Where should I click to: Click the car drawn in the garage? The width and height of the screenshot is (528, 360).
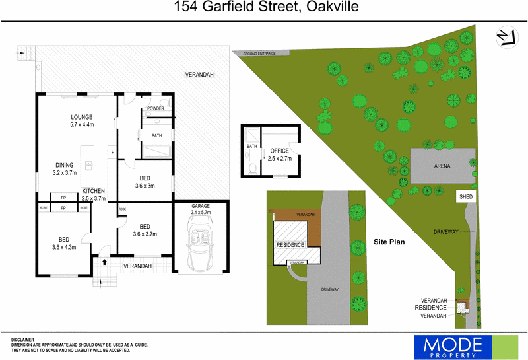coord(201,243)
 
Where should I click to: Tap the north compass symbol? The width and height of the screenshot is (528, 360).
coord(507,37)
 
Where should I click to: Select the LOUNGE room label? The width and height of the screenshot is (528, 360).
coord(81,117)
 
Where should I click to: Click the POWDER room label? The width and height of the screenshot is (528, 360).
coord(156,108)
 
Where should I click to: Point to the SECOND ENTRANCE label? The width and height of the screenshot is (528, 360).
coord(259,54)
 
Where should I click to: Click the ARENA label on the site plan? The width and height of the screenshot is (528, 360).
coord(442,166)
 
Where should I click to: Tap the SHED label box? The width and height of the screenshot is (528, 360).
coord(466,197)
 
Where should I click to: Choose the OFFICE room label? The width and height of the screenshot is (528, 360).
coord(279,151)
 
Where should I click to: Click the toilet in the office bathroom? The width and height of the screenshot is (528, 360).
coord(253,168)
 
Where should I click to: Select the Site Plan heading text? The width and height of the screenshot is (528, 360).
coord(389,242)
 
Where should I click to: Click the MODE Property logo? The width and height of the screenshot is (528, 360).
coord(466,347)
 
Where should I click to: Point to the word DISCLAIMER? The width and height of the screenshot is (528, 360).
coord(22,340)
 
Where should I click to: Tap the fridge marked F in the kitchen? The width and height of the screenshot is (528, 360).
coord(112,153)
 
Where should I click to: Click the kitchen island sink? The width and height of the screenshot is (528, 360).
coord(88,165)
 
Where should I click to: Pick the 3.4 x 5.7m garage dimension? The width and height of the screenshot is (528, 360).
coord(201,212)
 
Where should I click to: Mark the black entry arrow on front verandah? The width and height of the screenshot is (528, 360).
coord(104,262)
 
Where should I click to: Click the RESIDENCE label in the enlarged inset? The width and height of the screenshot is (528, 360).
coord(290,244)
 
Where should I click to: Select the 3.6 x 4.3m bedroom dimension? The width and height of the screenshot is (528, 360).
coord(64,247)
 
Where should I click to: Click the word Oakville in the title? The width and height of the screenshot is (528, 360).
coord(333,7)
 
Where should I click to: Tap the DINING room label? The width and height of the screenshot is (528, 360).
coord(64,165)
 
